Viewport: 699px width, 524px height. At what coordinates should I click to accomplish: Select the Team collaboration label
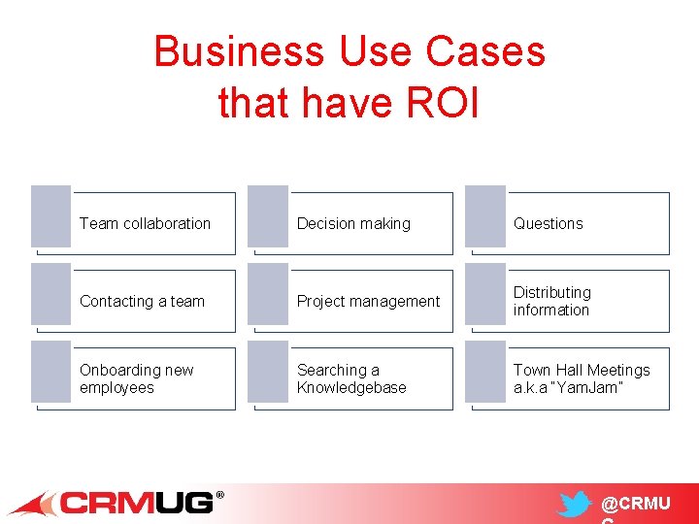tap(145, 223)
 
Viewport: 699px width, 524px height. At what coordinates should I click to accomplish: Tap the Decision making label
tap(353, 223)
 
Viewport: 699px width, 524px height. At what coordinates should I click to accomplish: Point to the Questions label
tap(548, 223)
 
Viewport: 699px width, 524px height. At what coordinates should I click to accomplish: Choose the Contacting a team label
tap(142, 301)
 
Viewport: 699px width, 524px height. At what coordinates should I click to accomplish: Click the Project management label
tap(368, 301)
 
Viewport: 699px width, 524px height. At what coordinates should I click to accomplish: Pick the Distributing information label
tap(551, 301)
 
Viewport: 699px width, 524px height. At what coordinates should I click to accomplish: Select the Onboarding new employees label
tap(136, 378)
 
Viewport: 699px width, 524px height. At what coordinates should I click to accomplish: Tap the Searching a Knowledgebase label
tap(351, 378)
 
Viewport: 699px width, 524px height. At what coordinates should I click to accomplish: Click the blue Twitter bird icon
tap(575, 506)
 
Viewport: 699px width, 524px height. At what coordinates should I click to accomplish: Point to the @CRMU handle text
tap(635, 505)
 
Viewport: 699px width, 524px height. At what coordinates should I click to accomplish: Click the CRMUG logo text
tap(136, 503)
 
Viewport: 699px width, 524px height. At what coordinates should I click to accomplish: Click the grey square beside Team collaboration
tap(51, 215)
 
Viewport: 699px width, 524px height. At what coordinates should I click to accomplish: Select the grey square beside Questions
tap(485, 215)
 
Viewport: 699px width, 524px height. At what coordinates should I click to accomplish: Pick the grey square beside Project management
tap(268, 293)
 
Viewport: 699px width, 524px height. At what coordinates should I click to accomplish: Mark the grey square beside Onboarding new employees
tap(51, 371)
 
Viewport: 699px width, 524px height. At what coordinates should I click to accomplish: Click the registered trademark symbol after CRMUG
tap(219, 496)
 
